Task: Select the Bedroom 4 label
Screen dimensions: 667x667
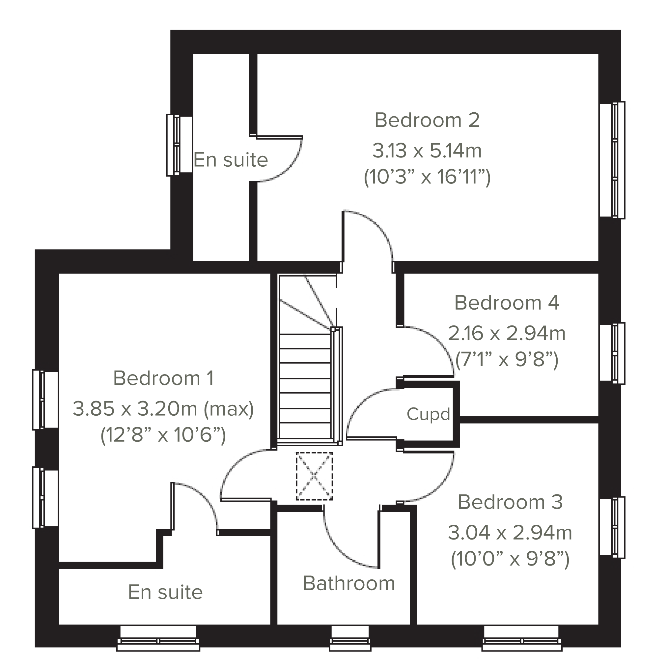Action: [507, 303]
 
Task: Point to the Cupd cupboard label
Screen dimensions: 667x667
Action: [428, 414]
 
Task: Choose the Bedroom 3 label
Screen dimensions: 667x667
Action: [510, 502]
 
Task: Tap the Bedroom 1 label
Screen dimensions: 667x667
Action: [163, 378]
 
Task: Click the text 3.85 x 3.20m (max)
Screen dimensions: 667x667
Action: [163, 409]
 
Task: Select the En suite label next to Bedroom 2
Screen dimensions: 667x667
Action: [230, 160]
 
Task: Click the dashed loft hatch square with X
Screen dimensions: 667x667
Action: [314, 476]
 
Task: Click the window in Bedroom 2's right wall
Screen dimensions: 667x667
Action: [612, 160]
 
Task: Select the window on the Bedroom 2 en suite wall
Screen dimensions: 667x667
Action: [179, 145]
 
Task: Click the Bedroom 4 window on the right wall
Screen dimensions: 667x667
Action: [612, 353]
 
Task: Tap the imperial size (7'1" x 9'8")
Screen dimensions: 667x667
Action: [507, 360]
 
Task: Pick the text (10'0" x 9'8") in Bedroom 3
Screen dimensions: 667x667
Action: [510, 559]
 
